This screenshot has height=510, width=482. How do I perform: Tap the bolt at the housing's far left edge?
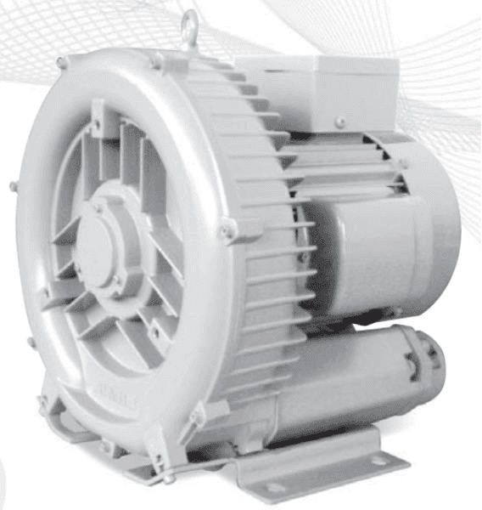pos(13,186)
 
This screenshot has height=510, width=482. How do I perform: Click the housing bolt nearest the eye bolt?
pos(156,59)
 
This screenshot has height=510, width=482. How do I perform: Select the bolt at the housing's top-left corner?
pos(61,62)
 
